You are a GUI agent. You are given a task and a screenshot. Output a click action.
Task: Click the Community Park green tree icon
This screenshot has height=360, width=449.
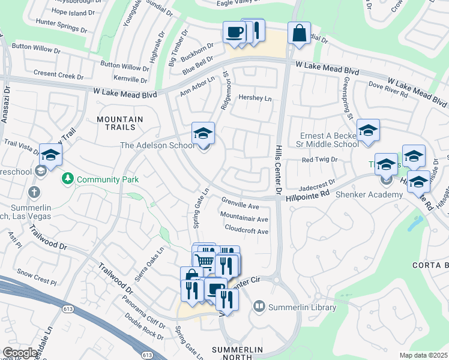click(68, 179)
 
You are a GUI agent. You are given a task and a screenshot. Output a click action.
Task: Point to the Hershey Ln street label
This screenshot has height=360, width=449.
click(255, 98)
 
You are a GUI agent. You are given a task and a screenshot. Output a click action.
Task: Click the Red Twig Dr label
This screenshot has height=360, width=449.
click(320, 160)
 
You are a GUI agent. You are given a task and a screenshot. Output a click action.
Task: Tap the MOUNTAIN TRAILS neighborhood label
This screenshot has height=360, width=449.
click(120, 124)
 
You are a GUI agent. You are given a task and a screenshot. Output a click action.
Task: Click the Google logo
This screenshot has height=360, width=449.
click(20, 353)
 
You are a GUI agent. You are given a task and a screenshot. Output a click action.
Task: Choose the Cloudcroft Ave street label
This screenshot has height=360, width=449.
click(246, 230)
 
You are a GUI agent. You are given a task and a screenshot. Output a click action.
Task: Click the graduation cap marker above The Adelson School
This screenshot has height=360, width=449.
click(203, 133)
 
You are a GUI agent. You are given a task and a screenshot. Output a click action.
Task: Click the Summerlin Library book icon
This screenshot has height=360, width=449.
click(259, 307)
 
